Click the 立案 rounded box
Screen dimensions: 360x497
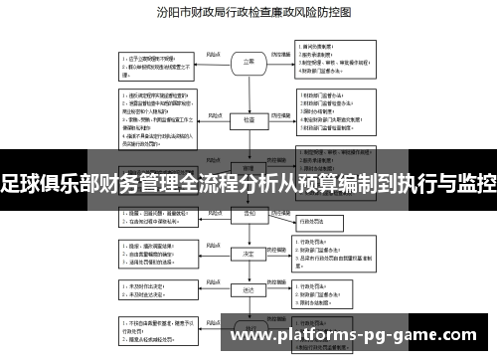[x=248, y=61]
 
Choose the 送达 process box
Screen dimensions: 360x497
[x=248, y=291]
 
